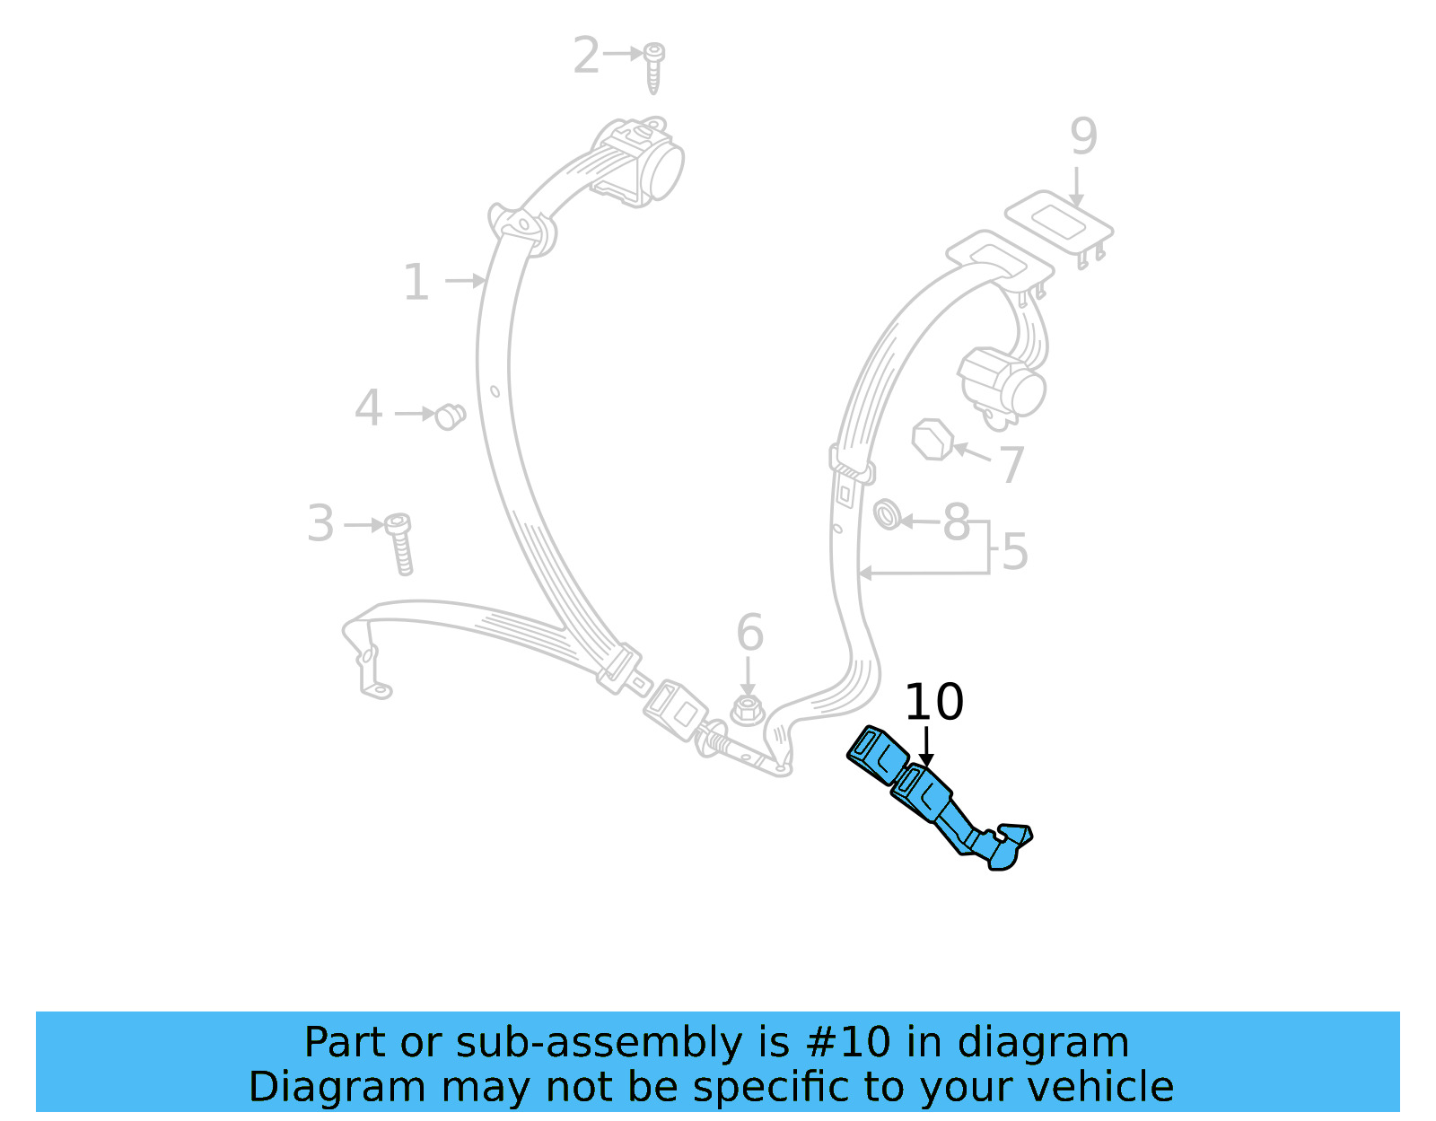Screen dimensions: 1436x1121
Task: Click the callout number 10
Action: click(x=933, y=702)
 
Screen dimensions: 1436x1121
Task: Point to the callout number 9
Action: click(x=1083, y=137)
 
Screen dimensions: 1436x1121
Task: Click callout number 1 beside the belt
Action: click(x=416, y=283)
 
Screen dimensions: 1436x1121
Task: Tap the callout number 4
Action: click(x=368, y=408)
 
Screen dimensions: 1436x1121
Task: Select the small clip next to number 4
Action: click(x=450, y=416)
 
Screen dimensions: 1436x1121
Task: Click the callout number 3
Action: click(x=320, y=523)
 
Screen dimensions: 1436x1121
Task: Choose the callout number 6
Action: click(x=749, y=633)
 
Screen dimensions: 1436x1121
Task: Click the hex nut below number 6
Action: click(x=746, y=710)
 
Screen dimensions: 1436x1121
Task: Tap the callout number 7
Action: click(x=1011, y=464)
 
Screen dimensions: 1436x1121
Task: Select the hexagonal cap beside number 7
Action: click(x=933, y=440)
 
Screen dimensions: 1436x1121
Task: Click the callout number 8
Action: click(x=957, y=522)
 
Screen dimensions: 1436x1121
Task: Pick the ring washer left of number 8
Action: click(x=888, y=515)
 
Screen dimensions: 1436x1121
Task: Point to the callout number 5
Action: click(x=1014, y=552)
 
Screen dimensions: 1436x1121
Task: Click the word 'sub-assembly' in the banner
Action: click(x=599, y=1043)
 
